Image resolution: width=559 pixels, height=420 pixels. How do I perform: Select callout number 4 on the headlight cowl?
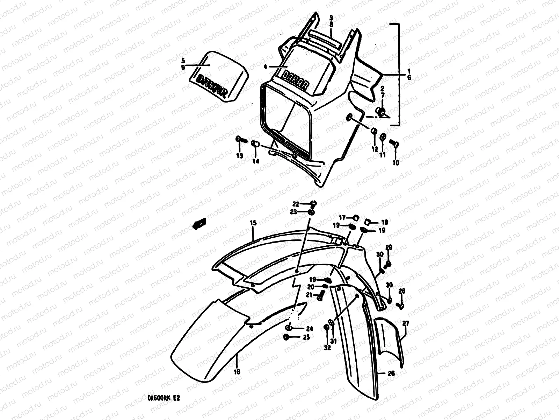click(x=265, y=66)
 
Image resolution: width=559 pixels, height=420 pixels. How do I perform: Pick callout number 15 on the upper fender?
click(x=253, y=223)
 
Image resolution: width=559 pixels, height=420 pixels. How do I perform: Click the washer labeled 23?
click(x=311, y=212)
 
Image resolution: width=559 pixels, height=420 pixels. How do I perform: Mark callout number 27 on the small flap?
click(x=405, y=324)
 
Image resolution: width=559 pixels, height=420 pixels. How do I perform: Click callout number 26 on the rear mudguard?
click(x=391, y=373)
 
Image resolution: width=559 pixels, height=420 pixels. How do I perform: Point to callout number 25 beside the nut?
click(x=306, y=337)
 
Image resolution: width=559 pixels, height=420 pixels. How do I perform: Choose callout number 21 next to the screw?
click(x=308, y=295)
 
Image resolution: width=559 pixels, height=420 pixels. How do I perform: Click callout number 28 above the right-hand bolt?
click(x=402, y=291)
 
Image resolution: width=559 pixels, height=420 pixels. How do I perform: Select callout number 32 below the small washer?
click(x=327, y=348)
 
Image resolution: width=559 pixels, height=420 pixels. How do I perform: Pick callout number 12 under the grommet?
click(x=375, y=149)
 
